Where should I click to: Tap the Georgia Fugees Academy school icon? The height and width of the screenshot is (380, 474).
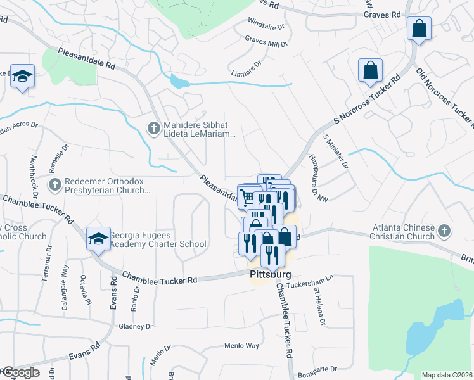coord(98,239)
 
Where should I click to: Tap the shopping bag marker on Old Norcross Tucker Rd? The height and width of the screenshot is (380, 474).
coord(419,28)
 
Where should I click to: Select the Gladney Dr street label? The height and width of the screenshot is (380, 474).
coord(136,327)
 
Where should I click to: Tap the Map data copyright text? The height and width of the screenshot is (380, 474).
coord(447,375)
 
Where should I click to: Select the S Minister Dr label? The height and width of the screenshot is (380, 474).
coord(336,152)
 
